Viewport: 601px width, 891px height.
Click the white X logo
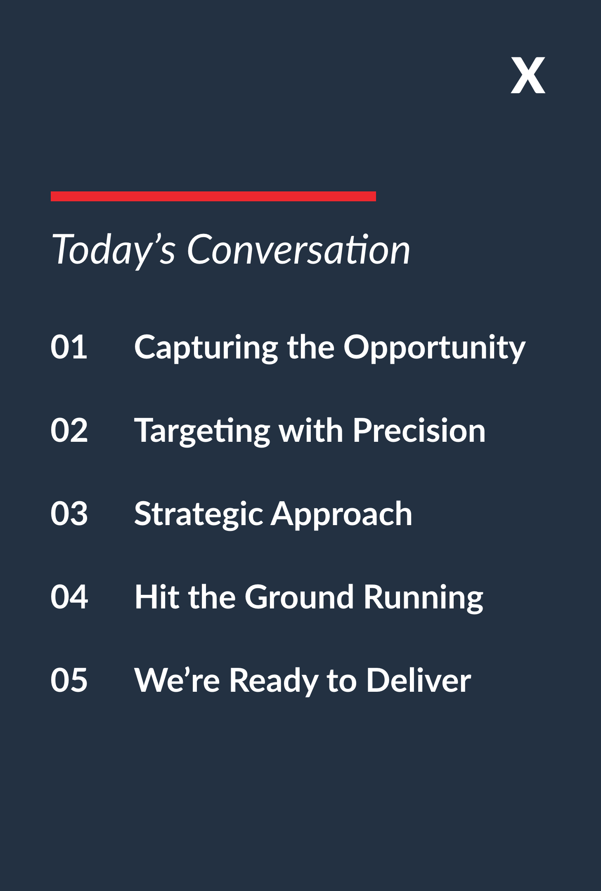tap(528, 75)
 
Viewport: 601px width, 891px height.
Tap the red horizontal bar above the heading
tap(213, 196)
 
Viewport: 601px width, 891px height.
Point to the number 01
tap(69, 347)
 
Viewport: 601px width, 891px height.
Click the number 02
tap(69, 430)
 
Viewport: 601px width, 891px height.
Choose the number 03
tap(69, 514)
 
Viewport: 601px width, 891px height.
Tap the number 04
tap(69, 597)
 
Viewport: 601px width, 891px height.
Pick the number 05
tap(69, 680)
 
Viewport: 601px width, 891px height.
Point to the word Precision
tap(419, 430)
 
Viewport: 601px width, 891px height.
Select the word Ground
tap(299, 597)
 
